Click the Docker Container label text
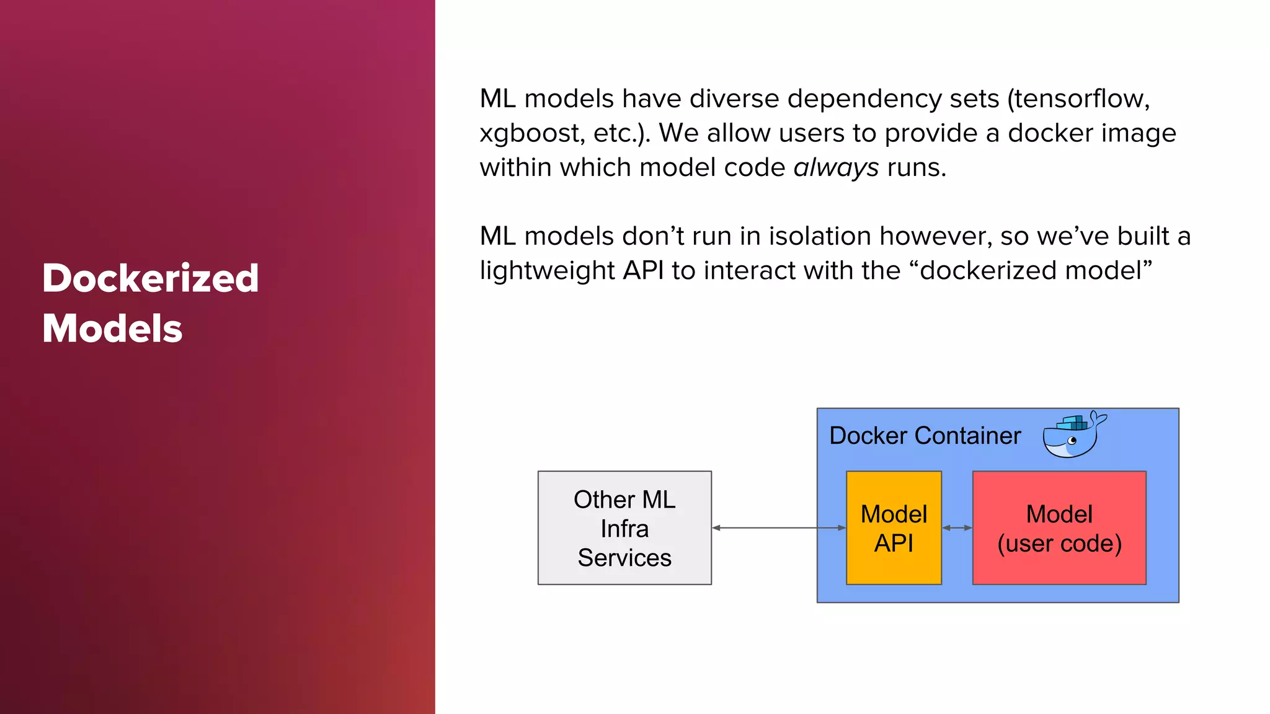(x=925, y=436)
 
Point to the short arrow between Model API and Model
(x=957, y=527)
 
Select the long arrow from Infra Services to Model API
(x=778, y=527)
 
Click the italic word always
(x=836, y=167)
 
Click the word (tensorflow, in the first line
(x=1078, y=99)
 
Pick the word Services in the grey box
(x=624, y=558)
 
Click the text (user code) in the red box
(x=1059, y=544)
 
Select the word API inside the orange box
(x=894, y=544)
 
